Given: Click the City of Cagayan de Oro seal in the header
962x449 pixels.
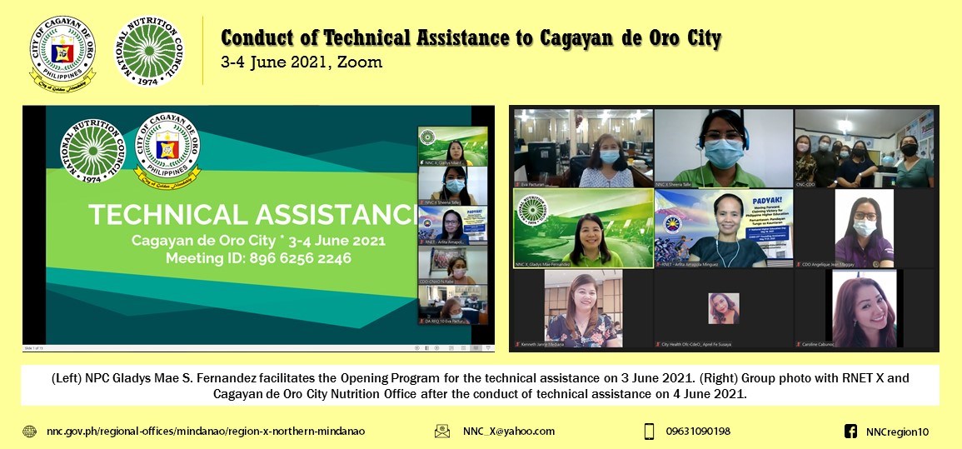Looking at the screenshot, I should [x=62, y=52].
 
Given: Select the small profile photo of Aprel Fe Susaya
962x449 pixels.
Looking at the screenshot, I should [x=723, y=307].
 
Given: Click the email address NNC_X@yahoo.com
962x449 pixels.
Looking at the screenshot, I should [x=508, y=432].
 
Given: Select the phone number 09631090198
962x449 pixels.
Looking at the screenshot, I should [x=698, y=432].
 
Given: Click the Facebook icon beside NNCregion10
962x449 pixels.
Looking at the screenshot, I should [x=850, y=432].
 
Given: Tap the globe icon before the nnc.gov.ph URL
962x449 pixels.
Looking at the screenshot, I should [x=30, y=432].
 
